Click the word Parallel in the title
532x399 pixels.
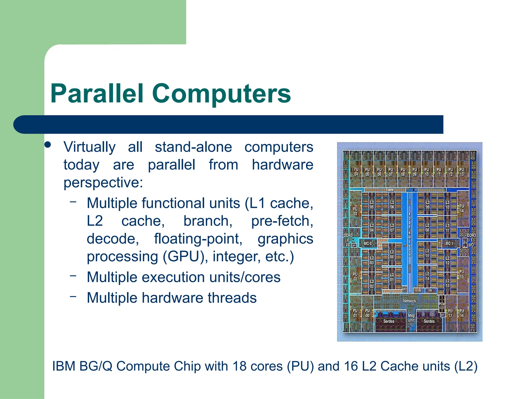(x=97, y=94)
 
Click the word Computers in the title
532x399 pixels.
(x=221, y=94)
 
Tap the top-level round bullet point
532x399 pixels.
(x=48, y=145)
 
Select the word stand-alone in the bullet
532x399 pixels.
(x=193, y=147)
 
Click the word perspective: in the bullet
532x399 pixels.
(x=103, y=182)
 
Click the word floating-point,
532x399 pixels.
(x=198, y=239)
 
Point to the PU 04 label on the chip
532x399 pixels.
(x=356, y=172)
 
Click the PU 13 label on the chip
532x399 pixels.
(x=462, y=172)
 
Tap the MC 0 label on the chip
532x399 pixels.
(x=368, y=244)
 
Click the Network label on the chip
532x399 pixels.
(x=409, y=301)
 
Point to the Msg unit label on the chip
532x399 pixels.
(x=411, y=318)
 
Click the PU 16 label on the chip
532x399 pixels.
(x=462, y=313)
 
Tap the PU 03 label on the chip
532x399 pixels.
(x=355, y=211)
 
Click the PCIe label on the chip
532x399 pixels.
(x=442, y=304)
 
